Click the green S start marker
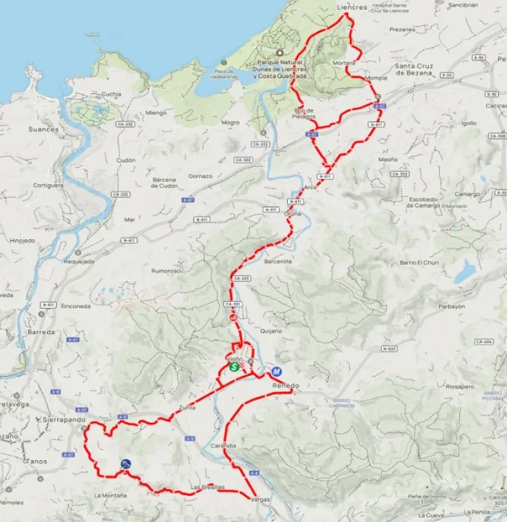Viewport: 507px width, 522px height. [233, 367]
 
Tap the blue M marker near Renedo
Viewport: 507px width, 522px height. [277, 372]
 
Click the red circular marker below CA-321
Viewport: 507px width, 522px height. [232, 318]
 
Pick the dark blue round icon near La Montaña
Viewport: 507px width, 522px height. [125, 464]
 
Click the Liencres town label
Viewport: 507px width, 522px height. [352, 7]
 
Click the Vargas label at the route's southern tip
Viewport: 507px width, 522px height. [260, 499]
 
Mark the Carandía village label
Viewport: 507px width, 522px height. [223, 446]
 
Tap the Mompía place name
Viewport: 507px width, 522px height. [376, 78]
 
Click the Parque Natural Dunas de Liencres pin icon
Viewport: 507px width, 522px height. [280, 53]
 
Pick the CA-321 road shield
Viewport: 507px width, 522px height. [233, 304]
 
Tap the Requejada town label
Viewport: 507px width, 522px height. [79, 261]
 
